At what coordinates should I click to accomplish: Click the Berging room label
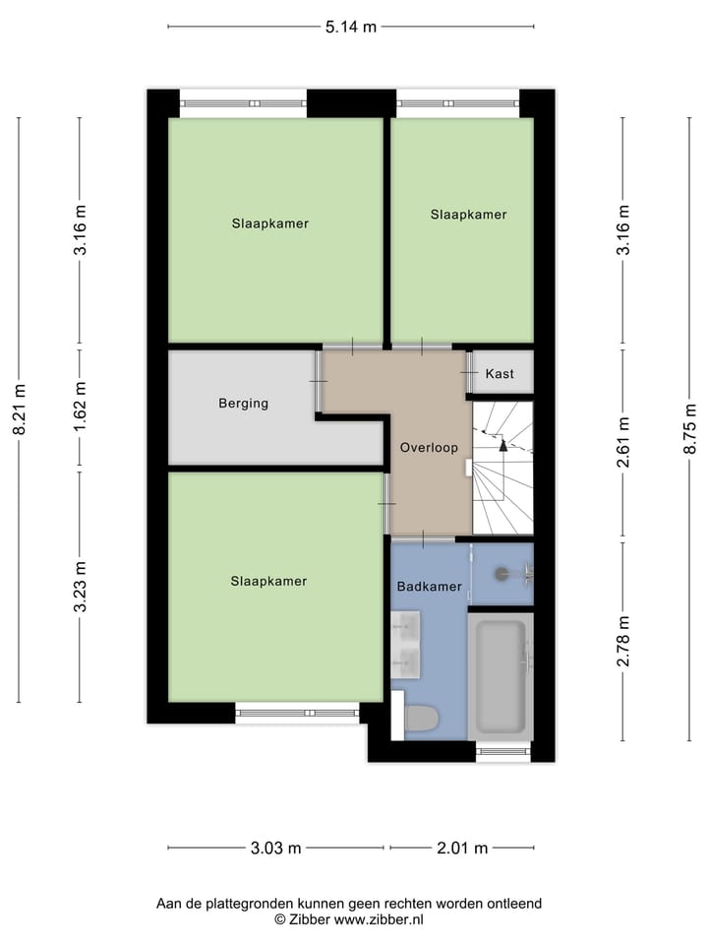coord(243,403)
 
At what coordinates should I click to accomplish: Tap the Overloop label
coord(429,448)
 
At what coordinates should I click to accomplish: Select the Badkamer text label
coord(429,587)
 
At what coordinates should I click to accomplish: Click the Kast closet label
coord(500,374)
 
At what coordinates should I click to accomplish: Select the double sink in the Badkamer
coord(405,645)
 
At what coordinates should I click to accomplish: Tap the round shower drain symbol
coord(502,571)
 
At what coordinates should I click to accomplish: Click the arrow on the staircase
coord(503,445)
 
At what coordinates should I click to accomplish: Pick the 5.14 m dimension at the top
coord(351,27)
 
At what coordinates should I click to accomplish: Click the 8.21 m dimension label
coord(20,409)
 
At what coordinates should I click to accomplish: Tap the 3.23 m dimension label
coord(81,587)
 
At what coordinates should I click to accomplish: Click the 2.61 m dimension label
coord(621,444)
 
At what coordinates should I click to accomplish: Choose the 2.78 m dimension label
coord(621,641)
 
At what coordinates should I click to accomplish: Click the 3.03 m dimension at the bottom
coord(275,849)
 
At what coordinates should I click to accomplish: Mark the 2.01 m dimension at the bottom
coord(462,849)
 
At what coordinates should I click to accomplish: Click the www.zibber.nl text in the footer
coord(379,919)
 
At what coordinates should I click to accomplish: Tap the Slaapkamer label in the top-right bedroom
coord(468,214)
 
